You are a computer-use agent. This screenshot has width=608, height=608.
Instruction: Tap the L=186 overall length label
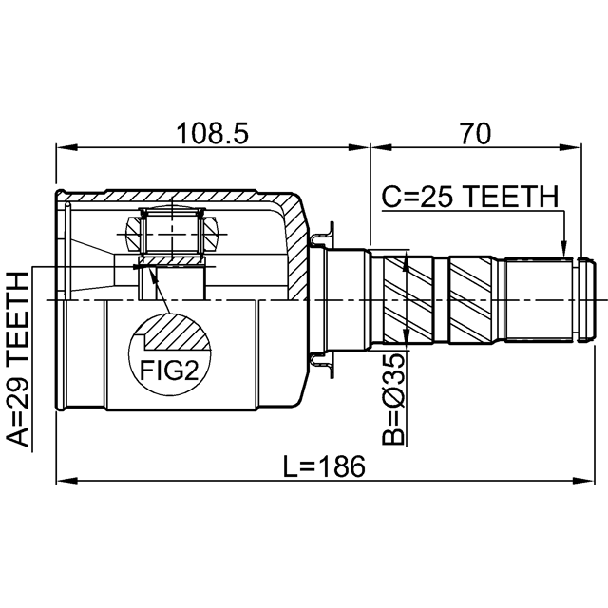click(323, 466)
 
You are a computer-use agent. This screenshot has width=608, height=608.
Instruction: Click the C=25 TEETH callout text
click(469, 197)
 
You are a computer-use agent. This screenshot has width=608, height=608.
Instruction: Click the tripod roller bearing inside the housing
click(172, 228)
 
